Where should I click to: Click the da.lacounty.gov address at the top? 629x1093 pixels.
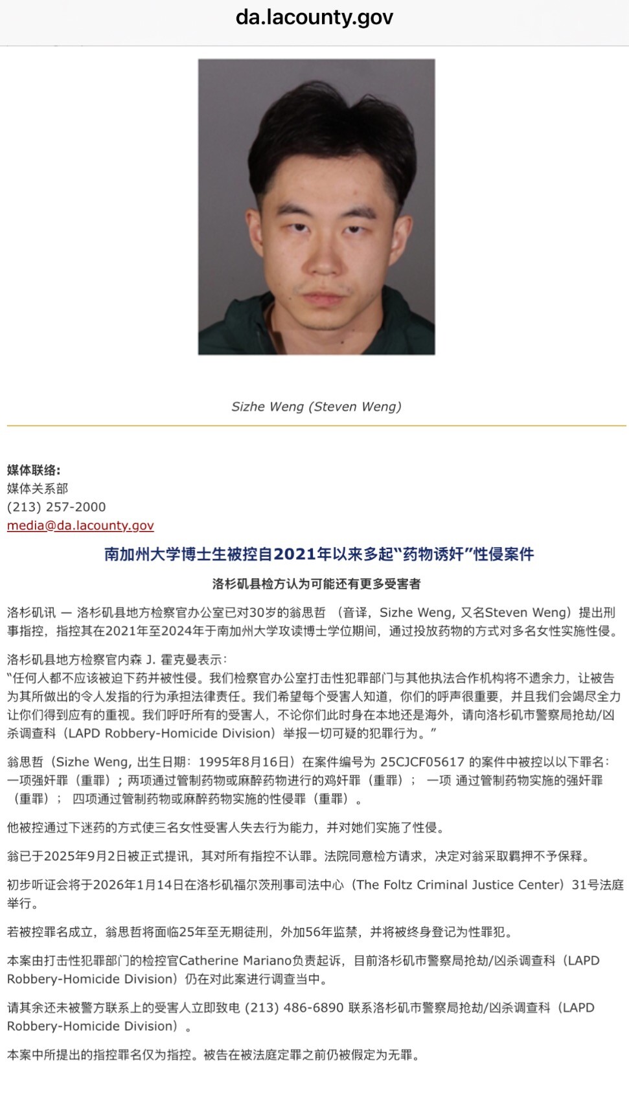[x=314, y=17]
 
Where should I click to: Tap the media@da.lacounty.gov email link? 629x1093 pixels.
[x=80, y=525]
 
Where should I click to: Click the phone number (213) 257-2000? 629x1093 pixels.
[x=56, y=507]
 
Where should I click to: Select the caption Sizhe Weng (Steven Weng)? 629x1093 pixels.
[x=316, y=407]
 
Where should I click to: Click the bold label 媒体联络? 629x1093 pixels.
[x=34, y=470]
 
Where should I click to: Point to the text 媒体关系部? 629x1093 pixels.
[x=38, y=488]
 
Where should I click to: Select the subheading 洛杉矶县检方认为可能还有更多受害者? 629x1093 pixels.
[x=316, y=583]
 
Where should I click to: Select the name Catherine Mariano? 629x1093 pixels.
[x=235, y=961]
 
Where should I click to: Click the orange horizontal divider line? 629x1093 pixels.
[x=316, y=425]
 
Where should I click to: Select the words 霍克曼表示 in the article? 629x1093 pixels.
[x=191, y=660]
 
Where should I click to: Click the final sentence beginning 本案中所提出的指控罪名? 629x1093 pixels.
[x=214, y=1055]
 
